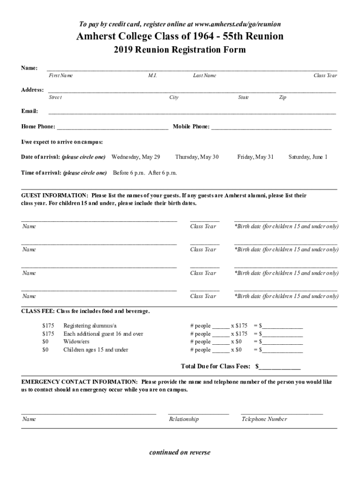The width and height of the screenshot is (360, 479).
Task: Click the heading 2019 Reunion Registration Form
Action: (180, 50)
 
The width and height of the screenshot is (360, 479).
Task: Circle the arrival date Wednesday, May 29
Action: (136, 157)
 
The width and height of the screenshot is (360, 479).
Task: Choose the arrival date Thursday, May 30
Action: (197, 157)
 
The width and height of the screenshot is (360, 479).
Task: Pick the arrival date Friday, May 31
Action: (255, 157)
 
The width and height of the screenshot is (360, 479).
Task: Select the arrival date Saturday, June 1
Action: (308, 157)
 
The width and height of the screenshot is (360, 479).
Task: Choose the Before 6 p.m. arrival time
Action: (129, 173)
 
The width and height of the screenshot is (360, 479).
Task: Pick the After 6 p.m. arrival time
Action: (162, 173)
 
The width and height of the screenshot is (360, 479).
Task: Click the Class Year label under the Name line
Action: (325, 75)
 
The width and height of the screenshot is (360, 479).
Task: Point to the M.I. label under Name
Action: (152, 75)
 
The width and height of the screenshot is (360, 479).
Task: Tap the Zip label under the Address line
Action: (282, 97)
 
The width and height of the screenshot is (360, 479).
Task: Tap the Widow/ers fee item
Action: (76, 341)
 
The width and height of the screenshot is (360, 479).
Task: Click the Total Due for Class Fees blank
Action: (280, 366)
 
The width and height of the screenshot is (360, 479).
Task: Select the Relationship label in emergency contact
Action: (184, 419)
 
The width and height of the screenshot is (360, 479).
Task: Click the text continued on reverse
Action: (180, 452)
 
